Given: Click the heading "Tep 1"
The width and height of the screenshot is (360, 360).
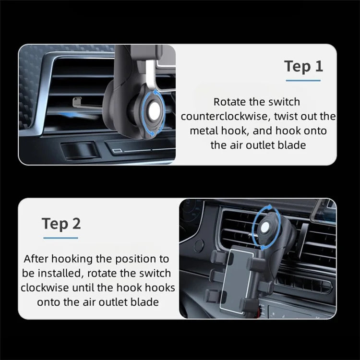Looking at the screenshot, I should coord(304,66).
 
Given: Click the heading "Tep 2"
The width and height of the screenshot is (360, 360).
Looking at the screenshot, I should coord(61,223).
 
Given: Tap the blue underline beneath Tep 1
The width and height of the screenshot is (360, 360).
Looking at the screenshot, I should coord(303,80).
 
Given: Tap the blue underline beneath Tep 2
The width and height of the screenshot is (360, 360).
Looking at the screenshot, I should coord(60,237).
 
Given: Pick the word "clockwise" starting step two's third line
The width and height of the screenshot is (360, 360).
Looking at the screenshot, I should coord(43,288).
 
